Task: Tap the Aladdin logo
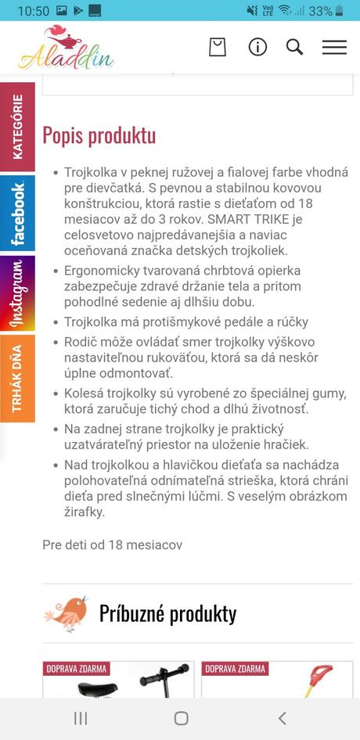click(x=66, y=48)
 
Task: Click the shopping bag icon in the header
click(x=217, y=47)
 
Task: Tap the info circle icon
click(x=257, y=47)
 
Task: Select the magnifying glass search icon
click(x=294, y=47)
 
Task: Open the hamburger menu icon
click(x=334, y=47)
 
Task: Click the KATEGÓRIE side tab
click(x=17, y=126)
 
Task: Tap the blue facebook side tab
click(x=17, y=214)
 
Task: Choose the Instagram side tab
click(x=17, y=294)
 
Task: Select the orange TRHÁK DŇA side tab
click(x=17, y=378)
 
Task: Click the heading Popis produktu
click(x=99, y=135)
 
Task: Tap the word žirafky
click(x=85, y=512)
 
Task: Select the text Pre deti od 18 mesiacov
click(x=112, y=544)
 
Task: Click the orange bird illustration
click(x=66, y=612)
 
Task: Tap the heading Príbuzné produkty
click(x=167, y=613)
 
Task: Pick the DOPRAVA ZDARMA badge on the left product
click(x=76, y=669)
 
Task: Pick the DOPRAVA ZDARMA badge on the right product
click(x=235, y=669)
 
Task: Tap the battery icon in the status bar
click(x=340, y=11)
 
